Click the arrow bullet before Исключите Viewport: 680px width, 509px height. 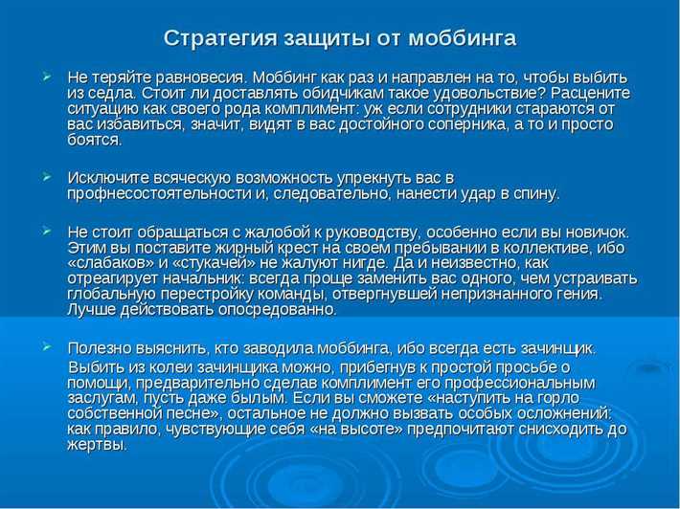tap(46, 178)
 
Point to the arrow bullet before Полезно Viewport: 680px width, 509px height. tap(46, 346)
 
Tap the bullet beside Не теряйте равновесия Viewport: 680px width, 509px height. tap(46, 75)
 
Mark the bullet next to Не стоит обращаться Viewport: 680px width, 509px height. tap(46, 232)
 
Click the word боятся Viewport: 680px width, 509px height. tap(94, 140)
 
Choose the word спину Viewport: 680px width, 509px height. tap(537, 194)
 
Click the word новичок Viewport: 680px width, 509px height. tap(596, 232)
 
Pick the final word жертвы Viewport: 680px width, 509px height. tap(97, 445)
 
